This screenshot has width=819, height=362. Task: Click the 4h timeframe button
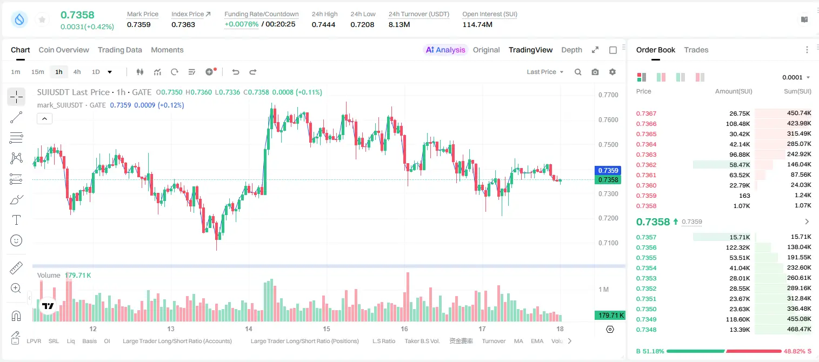coord(77,72)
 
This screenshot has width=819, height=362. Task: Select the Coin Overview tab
coord(64,50)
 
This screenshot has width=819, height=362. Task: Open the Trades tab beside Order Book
coord(696,50)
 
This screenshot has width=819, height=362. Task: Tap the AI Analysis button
coord(445,50)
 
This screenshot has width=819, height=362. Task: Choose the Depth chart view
coord(571,50)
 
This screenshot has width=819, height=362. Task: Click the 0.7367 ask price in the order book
coord(646,113)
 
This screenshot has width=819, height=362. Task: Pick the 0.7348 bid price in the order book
coord(646,330)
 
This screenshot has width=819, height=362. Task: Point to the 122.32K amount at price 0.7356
coord(738,247)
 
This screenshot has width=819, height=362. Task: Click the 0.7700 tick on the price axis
coord(608,95)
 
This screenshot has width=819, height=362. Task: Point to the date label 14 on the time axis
coord(249,329)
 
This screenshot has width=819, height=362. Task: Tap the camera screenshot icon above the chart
coord(595,72)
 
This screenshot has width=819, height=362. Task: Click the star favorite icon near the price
coord(42,19)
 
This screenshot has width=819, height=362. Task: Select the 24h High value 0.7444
coord(324,24)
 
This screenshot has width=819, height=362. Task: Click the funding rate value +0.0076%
coord(241,24)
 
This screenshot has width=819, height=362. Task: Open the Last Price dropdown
coord(545,72)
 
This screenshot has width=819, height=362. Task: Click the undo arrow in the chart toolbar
coord(236,72)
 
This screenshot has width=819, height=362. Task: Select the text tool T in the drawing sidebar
coord(16,220)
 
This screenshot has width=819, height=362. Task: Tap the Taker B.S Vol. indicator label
coord(422,341)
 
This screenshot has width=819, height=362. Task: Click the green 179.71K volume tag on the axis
coord(610,315)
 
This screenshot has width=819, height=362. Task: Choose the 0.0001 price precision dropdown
coord(796,77)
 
